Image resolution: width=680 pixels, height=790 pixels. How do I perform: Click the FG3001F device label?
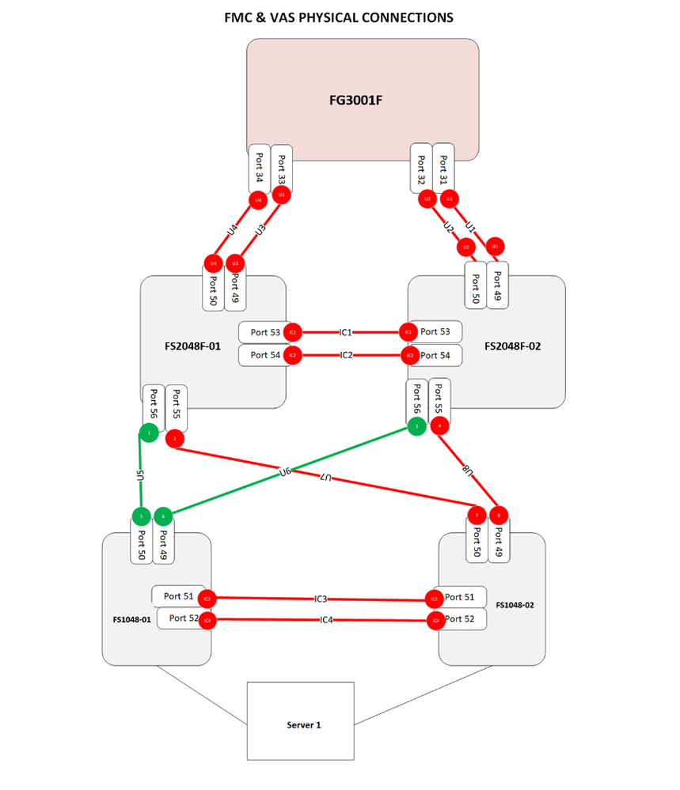click(362, 100)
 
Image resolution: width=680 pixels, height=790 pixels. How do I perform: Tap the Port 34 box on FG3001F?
click(259, 167)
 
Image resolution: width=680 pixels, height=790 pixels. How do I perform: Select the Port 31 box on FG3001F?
click(443, 167)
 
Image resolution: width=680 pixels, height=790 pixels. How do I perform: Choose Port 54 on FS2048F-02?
click(435, 356)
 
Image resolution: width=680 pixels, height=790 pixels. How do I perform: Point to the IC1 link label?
click(346, 332)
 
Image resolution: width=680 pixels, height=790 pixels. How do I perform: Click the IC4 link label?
click(325, 619)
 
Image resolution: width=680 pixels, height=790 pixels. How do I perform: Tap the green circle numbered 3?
click(416, 427)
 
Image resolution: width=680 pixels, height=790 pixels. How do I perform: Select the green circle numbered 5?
click(141, 516)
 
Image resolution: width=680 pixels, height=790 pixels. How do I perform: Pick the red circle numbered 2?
click(175, 438)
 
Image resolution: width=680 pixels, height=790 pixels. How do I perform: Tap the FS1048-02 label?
click(515, 604)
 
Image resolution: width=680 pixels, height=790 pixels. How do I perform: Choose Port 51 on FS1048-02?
click(460, 598)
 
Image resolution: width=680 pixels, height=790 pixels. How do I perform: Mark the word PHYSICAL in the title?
click(329, 17)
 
